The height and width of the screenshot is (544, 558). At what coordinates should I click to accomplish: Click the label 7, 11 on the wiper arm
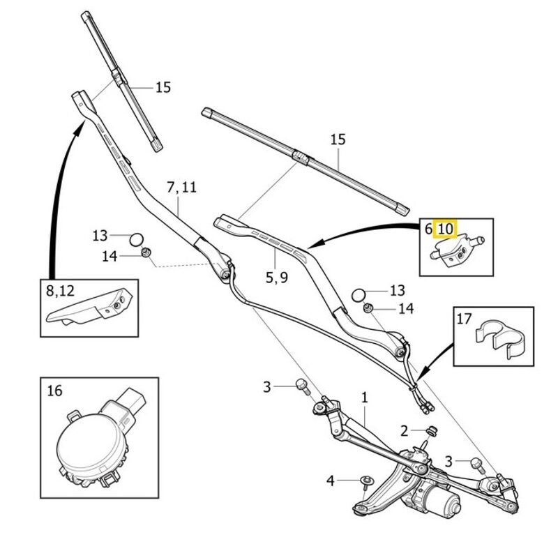click(x=181, y=188)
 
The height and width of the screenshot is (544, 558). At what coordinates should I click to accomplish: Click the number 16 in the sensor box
click(x=55, y=389)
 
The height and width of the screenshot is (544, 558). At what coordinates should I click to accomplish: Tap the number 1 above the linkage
click(x=364, y=398)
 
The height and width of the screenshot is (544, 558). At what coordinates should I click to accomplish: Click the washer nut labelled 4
click(x=365, y=480)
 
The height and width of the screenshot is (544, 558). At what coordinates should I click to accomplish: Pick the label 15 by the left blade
click(x=163, y=88)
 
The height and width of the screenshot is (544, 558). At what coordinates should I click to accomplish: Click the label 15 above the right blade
click(x=338, y=139)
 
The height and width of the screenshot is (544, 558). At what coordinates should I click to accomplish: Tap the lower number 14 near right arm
click(x=406, y=308)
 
